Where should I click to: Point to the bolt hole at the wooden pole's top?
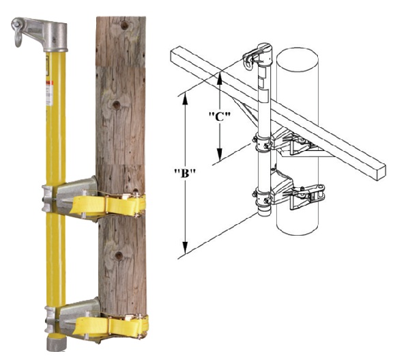pyautogui.click(x=125, y=25)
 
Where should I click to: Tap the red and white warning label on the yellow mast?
pyautogui.click(x=49, y=94)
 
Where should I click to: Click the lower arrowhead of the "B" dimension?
pyautogui.click(x=185, y=248)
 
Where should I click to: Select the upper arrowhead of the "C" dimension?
pyautogui.click(x=220, y=78)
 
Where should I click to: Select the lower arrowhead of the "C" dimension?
pyautogui.click(x=220, y=154)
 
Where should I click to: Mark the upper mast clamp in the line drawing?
pyautogui.click(x=263, y=143)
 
